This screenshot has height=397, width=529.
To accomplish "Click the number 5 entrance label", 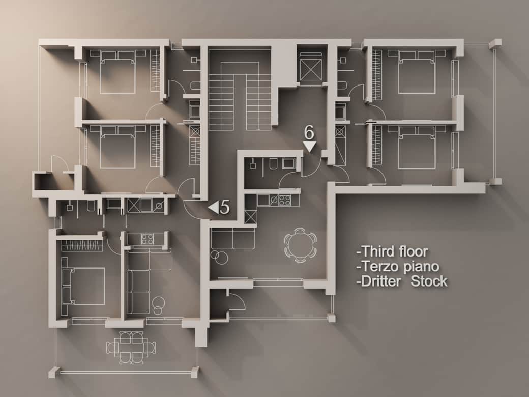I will (224, 207).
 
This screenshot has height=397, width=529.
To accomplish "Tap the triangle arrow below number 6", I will (310, 147).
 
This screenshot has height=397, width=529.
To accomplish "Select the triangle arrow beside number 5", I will (214, 207).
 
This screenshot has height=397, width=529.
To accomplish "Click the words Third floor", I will (393, 251).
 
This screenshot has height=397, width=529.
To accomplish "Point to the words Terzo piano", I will (398, 266).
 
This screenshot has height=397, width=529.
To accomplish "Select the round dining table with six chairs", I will (300, 244).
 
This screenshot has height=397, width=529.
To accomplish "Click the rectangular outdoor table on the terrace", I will (131, 348).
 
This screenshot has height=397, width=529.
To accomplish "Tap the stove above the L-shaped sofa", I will (147, 239).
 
